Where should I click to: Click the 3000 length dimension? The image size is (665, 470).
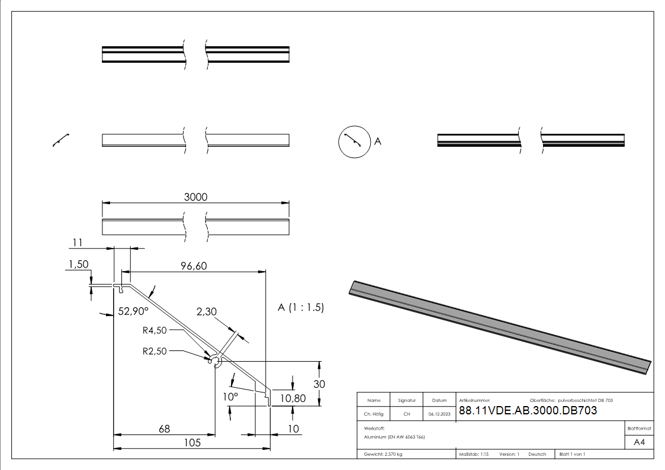tap(195, 197)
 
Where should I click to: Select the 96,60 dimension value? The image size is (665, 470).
tap(194, 266)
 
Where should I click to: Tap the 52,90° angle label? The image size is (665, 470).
tap(133, 311)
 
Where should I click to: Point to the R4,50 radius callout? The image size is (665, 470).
tap(155, 330)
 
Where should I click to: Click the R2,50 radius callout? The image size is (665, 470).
tap(155, 350)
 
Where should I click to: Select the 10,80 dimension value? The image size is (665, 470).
tap(293, 398)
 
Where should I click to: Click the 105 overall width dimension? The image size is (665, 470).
tap(191, 442)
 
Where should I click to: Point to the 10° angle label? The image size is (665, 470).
tap(230, 396)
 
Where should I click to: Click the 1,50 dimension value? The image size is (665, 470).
tap(79, 265)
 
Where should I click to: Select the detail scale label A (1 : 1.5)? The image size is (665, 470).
tap(301, 308)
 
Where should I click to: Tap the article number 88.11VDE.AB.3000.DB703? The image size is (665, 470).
tap(528, 410)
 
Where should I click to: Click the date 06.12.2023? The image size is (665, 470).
tap(439, 414)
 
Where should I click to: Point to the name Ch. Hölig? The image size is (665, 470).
tap(374, 414)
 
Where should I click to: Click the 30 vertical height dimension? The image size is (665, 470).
tap(319, 384)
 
